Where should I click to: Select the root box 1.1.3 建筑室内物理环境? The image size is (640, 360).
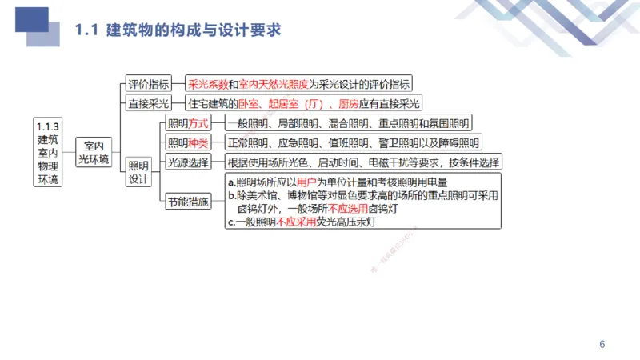pos(48,152)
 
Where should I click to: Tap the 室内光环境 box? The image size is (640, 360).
pos(94,153)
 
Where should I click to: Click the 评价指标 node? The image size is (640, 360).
pos(149,83)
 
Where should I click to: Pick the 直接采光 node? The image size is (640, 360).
pos(149,103)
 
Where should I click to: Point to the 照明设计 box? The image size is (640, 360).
pos(138,172)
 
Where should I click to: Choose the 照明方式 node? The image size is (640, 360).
pos(187,123)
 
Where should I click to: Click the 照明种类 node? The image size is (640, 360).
pos(187,143)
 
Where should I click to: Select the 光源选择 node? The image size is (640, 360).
pos(187,162)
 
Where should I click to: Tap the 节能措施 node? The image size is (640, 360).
pos(187,202)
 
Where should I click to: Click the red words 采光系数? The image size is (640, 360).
pos(207,83)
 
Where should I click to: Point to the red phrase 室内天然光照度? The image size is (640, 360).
pos(274,83)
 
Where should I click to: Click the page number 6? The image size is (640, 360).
pos(602,345)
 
